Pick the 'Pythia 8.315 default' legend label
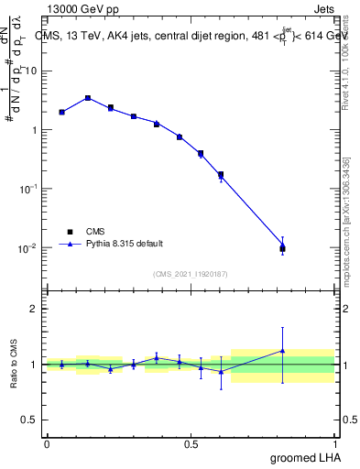coord(124,244)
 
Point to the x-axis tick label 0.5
coord(191,442)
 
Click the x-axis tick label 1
coord(335,442)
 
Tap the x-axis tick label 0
coord(47,442)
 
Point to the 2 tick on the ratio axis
coord(37,309)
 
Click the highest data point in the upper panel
coord(87,98)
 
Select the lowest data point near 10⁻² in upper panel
coord(282,247)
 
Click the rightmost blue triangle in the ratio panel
coord(282,351)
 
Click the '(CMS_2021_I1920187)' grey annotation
coord(191,272)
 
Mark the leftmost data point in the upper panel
coord(61,112)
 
